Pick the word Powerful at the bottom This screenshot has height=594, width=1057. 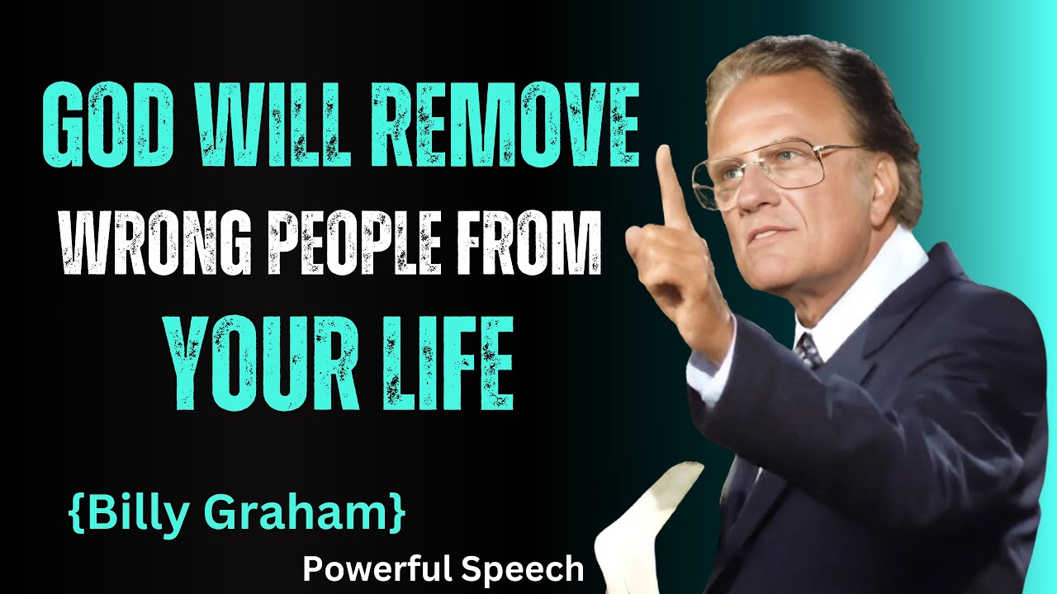click(375, 569)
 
